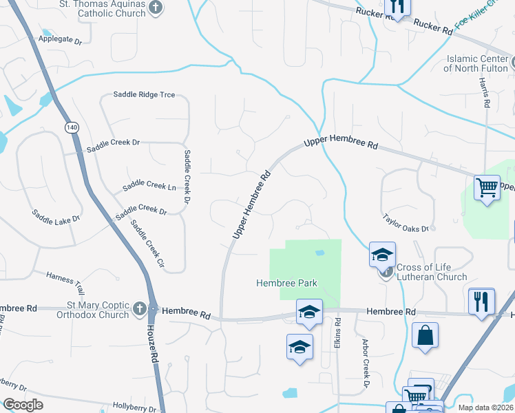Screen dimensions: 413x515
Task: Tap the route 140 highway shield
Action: click(x=72, y=127)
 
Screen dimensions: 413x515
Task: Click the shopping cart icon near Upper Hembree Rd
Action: click(x=487, y=187)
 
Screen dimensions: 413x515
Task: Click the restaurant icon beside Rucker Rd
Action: click(x=397, y=6)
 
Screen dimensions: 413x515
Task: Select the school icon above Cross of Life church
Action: click(x=382, y=255)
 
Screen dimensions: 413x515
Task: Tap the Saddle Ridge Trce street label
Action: click(x=143, y=94)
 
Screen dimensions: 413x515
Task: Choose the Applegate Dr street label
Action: click(x=60, y=41)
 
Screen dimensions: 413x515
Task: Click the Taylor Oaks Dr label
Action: click(x=406, y=222)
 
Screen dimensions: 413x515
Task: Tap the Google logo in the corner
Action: click(x=23, y=405)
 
